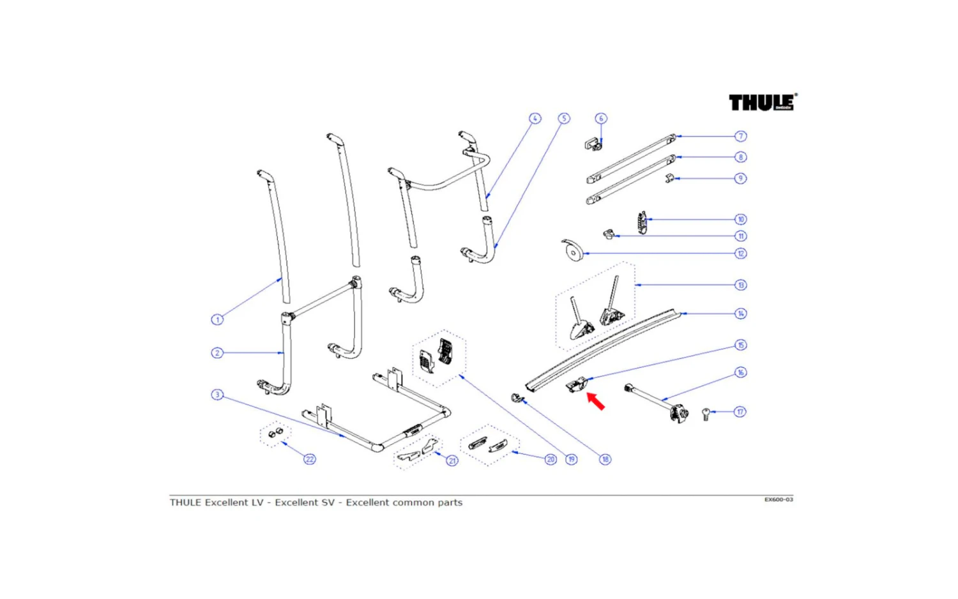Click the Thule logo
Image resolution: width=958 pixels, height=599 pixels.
pos(762,102)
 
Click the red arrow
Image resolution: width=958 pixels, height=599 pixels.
pos(596,401)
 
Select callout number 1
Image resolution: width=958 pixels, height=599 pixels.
pos(217,319)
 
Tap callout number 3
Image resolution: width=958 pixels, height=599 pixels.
pos(217,395)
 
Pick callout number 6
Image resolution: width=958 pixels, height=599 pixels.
pos(600,118)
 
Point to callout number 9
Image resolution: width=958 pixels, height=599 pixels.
pos(740,178)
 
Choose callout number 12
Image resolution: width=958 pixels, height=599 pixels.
pos(741,254)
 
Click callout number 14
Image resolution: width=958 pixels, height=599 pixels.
pos(741,314)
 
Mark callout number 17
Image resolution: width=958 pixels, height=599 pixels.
pos(740,412)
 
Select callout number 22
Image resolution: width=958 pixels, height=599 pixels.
pos(310,459)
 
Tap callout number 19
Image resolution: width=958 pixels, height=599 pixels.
pos(571,459)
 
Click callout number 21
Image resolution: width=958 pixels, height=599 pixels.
pos(452,460)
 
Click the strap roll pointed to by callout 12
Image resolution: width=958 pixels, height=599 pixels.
pos(572,251)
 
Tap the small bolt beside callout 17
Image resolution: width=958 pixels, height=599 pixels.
pos(706,414)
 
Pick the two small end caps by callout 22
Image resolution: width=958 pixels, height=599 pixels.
pos(275,434)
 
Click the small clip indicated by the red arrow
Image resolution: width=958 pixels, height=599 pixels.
pos(578,386)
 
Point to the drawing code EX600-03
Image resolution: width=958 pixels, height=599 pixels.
pos(779,499)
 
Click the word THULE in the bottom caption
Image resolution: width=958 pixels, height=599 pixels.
pos(185,503)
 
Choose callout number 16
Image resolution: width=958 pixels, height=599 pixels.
pos(741,372)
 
